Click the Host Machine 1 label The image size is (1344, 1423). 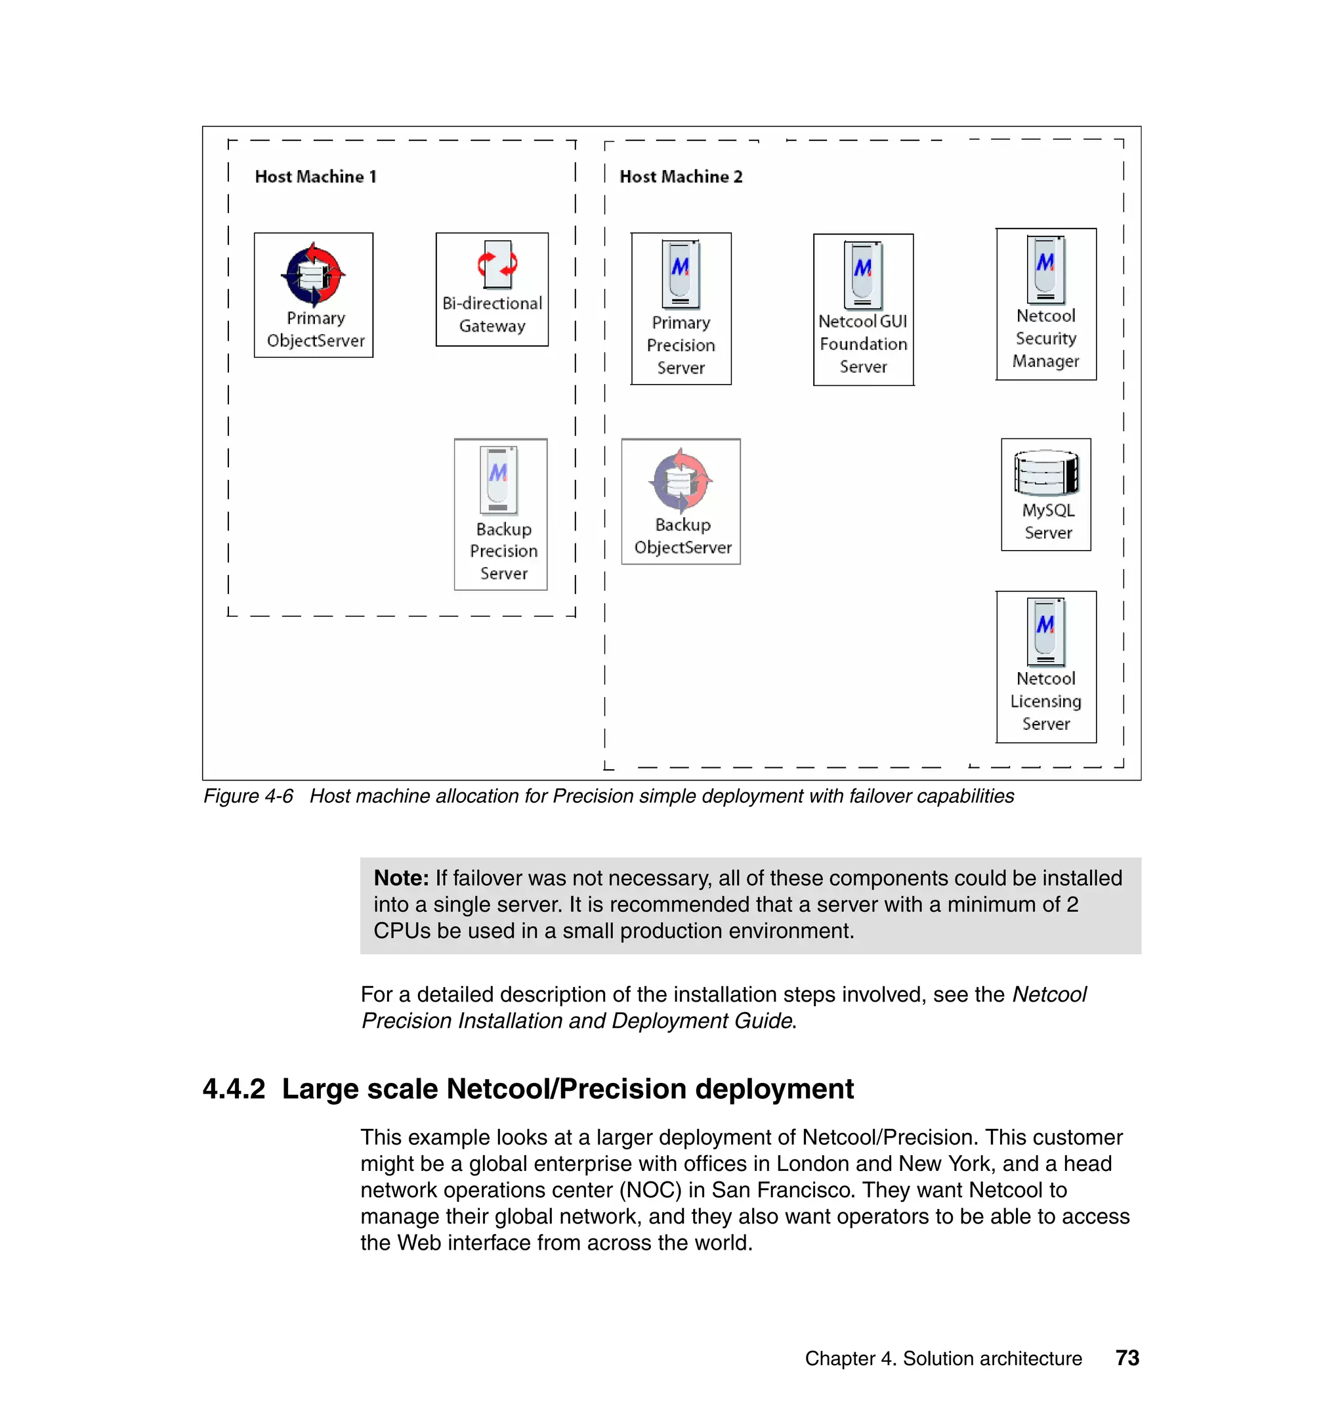[315, 177]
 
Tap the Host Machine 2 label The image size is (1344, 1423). [681, 177]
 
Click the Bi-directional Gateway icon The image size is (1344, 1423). [497, 265]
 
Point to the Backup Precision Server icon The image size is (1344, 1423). [499, 478]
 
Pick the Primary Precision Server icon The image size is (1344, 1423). [681, 274]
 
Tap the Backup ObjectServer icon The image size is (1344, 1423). [681, 480]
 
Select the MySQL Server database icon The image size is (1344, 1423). [1046, 473]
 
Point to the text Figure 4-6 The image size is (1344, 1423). [248, 796]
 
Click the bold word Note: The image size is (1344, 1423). [401, 878]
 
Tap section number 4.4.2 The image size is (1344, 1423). [234, 1088]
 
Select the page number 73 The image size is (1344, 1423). [1127, 1358]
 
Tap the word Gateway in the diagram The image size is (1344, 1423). [492, 326]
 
